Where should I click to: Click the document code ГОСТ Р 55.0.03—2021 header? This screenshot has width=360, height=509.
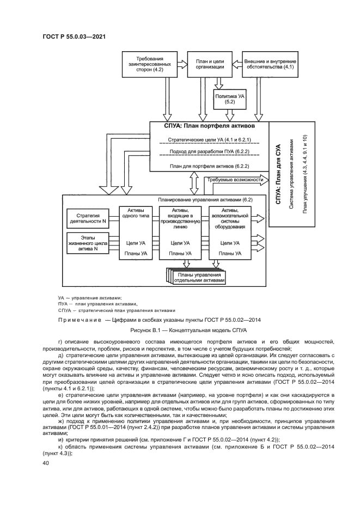tap(74, 36)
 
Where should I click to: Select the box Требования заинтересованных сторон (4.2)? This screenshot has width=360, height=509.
tap(144, 64)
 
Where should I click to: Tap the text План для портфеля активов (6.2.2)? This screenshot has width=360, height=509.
tap(209, 165)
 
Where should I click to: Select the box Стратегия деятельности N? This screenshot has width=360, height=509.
tap(88, 219)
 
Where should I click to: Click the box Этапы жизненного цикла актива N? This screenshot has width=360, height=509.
tap(88, 242)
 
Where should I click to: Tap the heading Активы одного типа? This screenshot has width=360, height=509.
tap(136, 213)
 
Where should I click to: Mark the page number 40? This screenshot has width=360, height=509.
tap(45, 463)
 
